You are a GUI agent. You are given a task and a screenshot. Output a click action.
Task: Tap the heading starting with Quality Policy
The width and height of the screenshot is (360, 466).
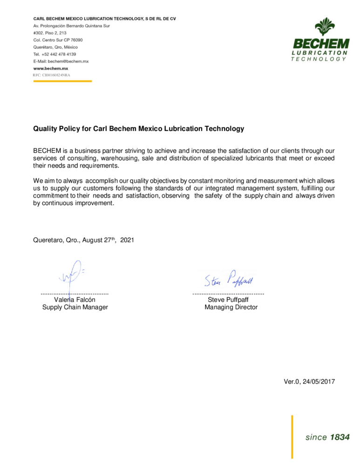[138, 128]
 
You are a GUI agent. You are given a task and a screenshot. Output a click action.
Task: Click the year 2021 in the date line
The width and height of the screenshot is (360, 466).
[127, 240]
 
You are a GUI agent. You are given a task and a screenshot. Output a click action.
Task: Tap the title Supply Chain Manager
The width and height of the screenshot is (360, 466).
[75, 308]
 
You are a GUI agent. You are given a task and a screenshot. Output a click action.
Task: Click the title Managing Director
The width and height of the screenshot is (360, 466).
[231, 308]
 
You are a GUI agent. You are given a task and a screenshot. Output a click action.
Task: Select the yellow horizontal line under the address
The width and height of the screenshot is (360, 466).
[62, 81]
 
